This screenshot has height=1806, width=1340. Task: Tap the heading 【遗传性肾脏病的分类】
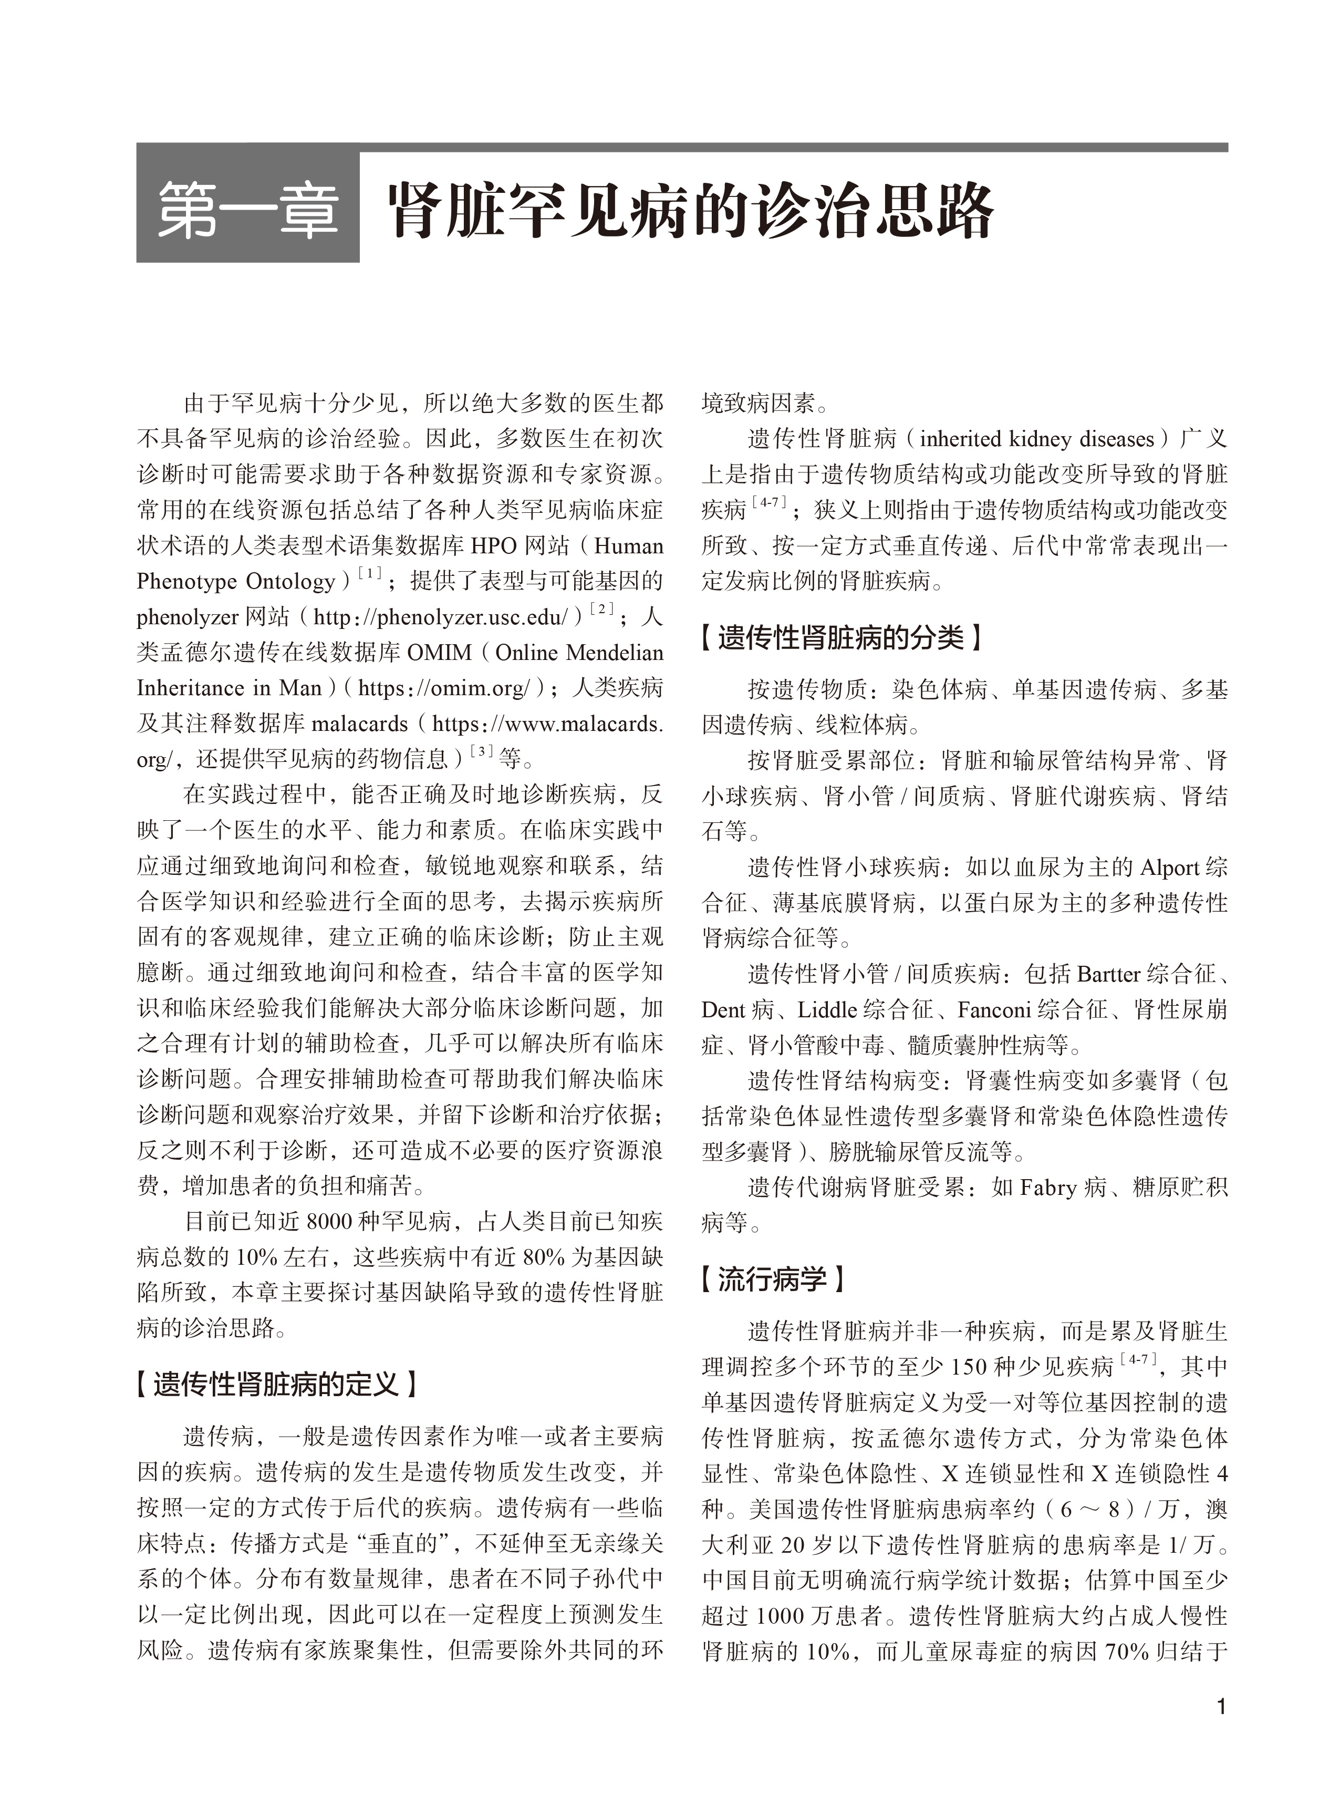841,638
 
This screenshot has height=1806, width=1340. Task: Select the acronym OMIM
439,653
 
